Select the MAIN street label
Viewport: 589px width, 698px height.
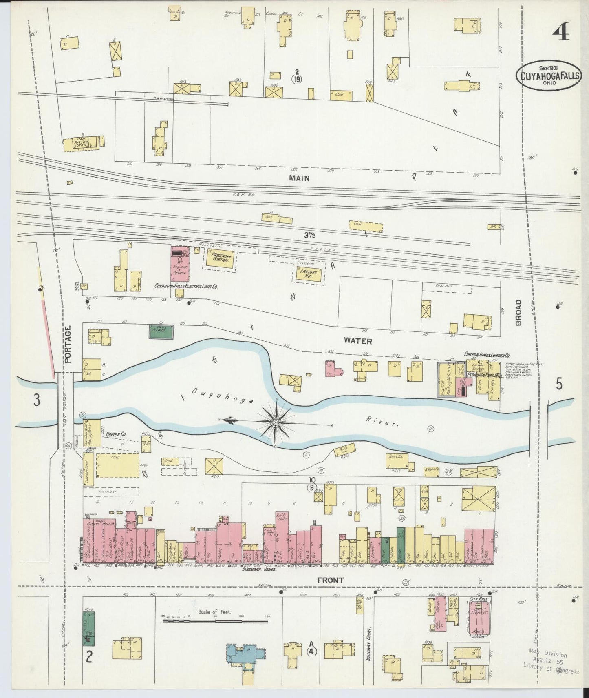pyautogui.click(x=300, y=178)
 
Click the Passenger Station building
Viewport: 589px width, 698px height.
pyautogui.click(x=219, y=258)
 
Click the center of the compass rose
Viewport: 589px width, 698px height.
pyautogui.click(x=276, y=421)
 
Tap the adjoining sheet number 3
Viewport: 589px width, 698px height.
pyautogui.click(x=37, y=400)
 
